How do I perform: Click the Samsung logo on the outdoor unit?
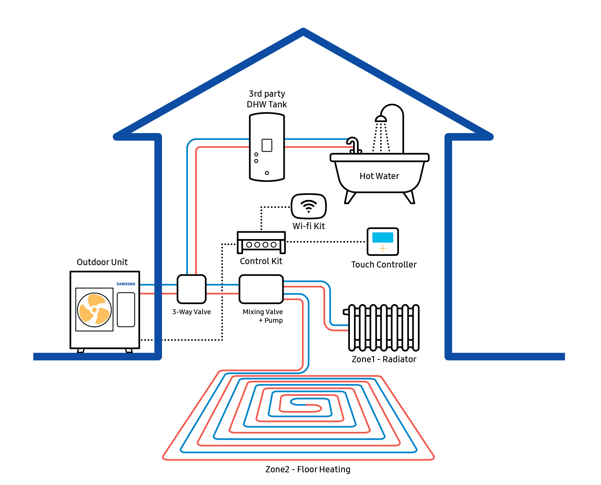(x=126, y=284)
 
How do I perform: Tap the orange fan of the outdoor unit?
(x=94, y=310)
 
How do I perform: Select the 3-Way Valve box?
(x=191, y=289)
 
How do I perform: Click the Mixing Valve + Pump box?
(x=261, y=289)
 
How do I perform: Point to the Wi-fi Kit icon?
(x=309, y=206)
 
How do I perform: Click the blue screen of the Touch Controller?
(x=382, y=237)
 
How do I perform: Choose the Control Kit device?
(x=261, y=242)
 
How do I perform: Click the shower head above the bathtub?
(x=381, y=119)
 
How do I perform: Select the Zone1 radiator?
(x=384, y=328)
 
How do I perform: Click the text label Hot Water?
(x=379, y=176)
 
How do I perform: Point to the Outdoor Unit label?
(x=102, y=262)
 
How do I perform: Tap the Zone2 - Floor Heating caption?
(x=308, y=469)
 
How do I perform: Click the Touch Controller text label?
(x=384, y=264)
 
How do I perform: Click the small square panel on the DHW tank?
(x=267, y=145)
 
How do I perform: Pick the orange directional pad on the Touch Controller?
(x=383, y=248)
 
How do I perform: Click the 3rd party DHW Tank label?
(x=267, y=99)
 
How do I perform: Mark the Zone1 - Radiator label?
(x=384, y=359)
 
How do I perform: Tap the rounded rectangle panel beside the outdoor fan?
(x=126, y=309)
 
